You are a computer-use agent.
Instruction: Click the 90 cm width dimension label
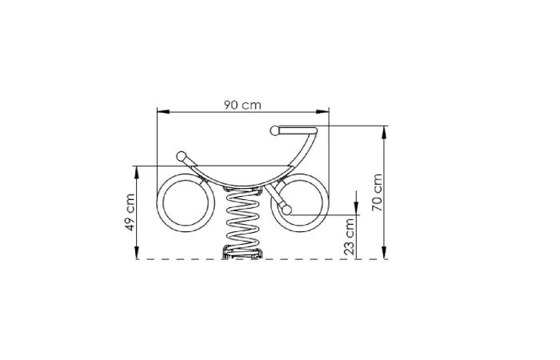[x=243, y=105]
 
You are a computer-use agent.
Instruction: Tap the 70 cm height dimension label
[x=378, y=192]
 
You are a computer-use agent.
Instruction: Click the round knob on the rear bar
[x=182, y=155]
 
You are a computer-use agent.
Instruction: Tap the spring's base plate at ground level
[x=242, y=254]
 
